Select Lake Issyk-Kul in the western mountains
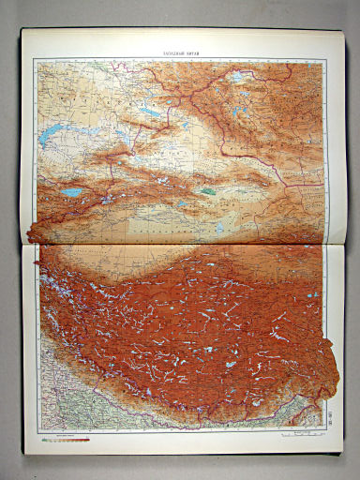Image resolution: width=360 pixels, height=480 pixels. [71, 192]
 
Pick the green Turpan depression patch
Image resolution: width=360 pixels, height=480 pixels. [207, 190]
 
